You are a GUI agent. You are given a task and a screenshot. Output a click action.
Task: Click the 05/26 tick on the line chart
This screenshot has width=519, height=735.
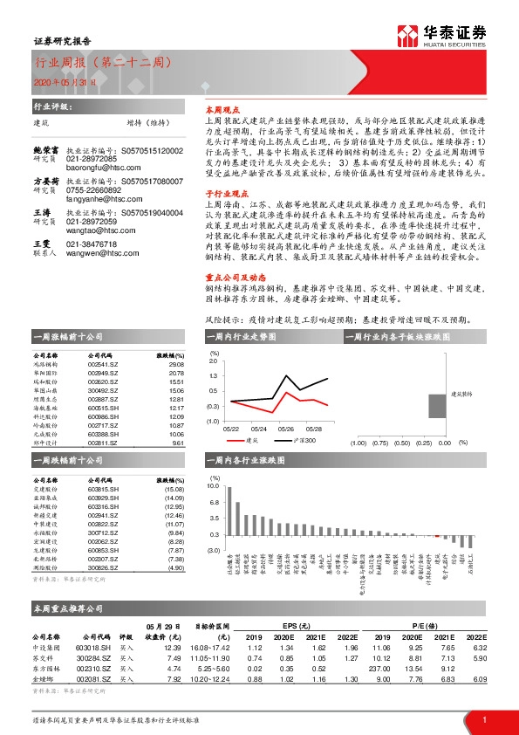[286, 429]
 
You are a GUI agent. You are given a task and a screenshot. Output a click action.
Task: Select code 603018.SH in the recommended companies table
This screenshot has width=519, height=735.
[92, 648]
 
